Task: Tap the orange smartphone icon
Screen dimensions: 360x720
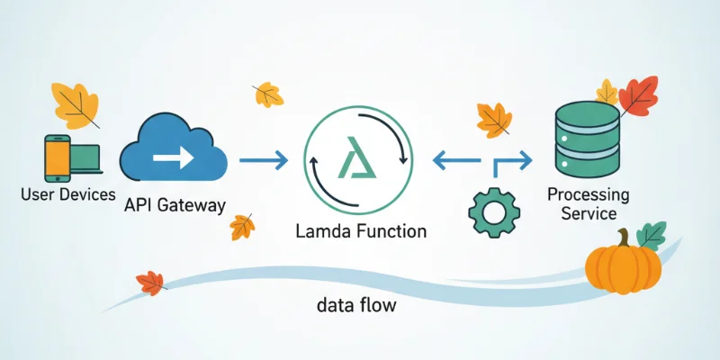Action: [57, 157]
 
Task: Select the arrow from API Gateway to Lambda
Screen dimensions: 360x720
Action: [264, 161]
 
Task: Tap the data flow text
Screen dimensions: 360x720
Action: [356, 305]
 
